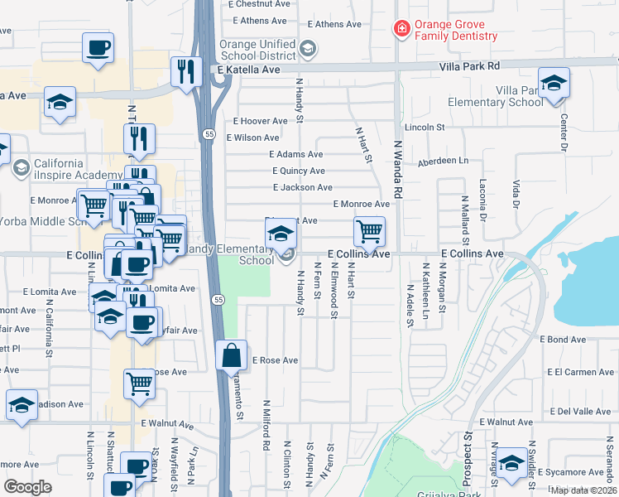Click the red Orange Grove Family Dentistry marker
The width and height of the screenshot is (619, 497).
click(x=402, y=30)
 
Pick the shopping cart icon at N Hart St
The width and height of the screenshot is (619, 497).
click(x=369, y=231)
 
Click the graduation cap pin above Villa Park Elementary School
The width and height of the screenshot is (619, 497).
click(x=554, y=83)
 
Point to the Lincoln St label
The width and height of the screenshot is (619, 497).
click(x=425, y=128)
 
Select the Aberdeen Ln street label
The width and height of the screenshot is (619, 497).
click(x=443, y=161)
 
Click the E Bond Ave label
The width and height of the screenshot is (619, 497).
click(x=563, y=340)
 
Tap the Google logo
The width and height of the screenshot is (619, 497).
click(x=28, y=486)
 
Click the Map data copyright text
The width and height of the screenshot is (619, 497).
click(x=584, y=490)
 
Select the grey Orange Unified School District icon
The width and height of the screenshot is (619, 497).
click(x=308, y=50)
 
